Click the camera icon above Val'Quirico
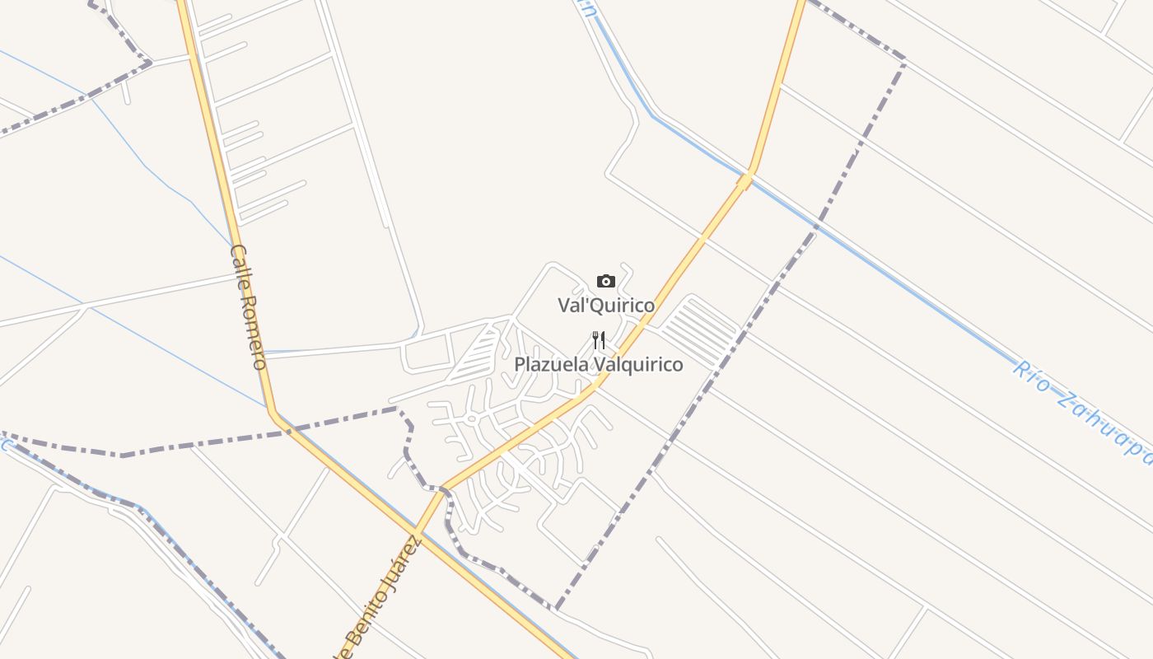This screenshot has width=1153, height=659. [606, 281]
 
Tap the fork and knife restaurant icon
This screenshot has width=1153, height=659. [599, 339]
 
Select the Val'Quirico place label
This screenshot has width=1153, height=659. [607, 306]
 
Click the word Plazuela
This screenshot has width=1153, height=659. [551, 364]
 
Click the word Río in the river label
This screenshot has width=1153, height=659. [1029, 375]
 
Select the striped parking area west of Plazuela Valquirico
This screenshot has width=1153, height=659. [478, 353]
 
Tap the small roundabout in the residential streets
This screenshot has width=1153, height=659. [472, 418]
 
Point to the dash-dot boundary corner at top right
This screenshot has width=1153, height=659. [904, 60]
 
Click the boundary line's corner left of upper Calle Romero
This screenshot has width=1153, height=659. [149, 62]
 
